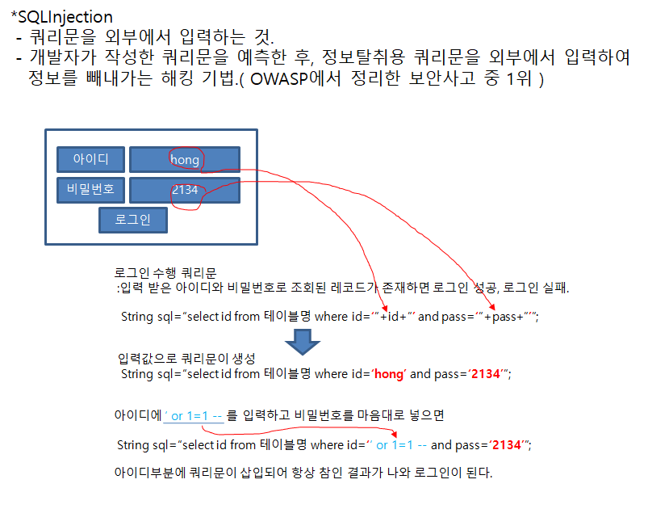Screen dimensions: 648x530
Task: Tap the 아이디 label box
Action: click(91, 159)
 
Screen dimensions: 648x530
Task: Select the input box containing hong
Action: click(185, 159)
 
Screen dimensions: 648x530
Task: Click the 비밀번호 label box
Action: click(91, 190)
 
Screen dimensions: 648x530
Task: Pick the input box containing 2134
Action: click(185, 190)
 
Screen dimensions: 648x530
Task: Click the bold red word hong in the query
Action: click(389, 374)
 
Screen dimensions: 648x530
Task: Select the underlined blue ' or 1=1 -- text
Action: click(194, 416)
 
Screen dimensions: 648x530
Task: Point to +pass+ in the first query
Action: click(503, 317)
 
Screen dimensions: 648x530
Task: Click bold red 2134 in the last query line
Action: click(506, 445)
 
